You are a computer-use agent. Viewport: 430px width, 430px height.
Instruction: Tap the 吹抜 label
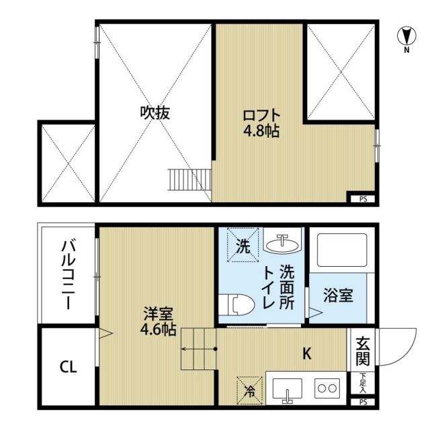[x=155, y=112]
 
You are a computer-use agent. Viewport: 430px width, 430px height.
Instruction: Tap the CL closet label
[x=68, y=367]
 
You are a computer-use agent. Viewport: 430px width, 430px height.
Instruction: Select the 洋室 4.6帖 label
[x=160, y=321]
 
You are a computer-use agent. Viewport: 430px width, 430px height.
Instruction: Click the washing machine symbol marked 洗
[x=243, y=246]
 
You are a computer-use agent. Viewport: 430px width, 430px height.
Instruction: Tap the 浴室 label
[x=338, y=296]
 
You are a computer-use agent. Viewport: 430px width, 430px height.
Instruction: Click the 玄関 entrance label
[x=363, y=350]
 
